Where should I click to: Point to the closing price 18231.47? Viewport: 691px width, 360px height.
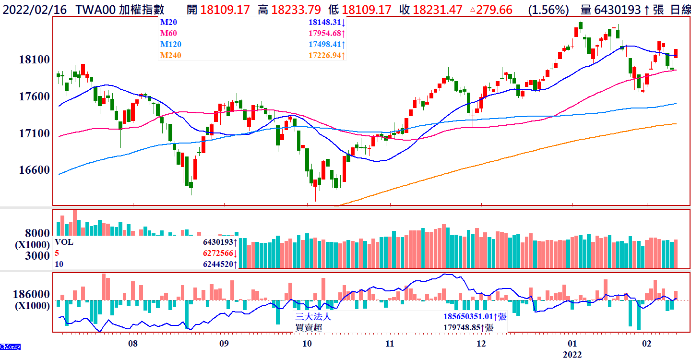click(438, 9)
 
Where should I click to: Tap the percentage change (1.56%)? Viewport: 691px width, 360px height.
click(548, 9)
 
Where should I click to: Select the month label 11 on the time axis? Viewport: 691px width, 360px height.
click(390, 344)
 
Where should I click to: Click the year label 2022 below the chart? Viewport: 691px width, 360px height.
click(572, 355)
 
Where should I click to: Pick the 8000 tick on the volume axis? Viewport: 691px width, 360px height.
click(37, 233)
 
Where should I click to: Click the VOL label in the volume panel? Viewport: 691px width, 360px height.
click(64, 242)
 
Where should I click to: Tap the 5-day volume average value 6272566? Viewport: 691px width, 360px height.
click(218, 253)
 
